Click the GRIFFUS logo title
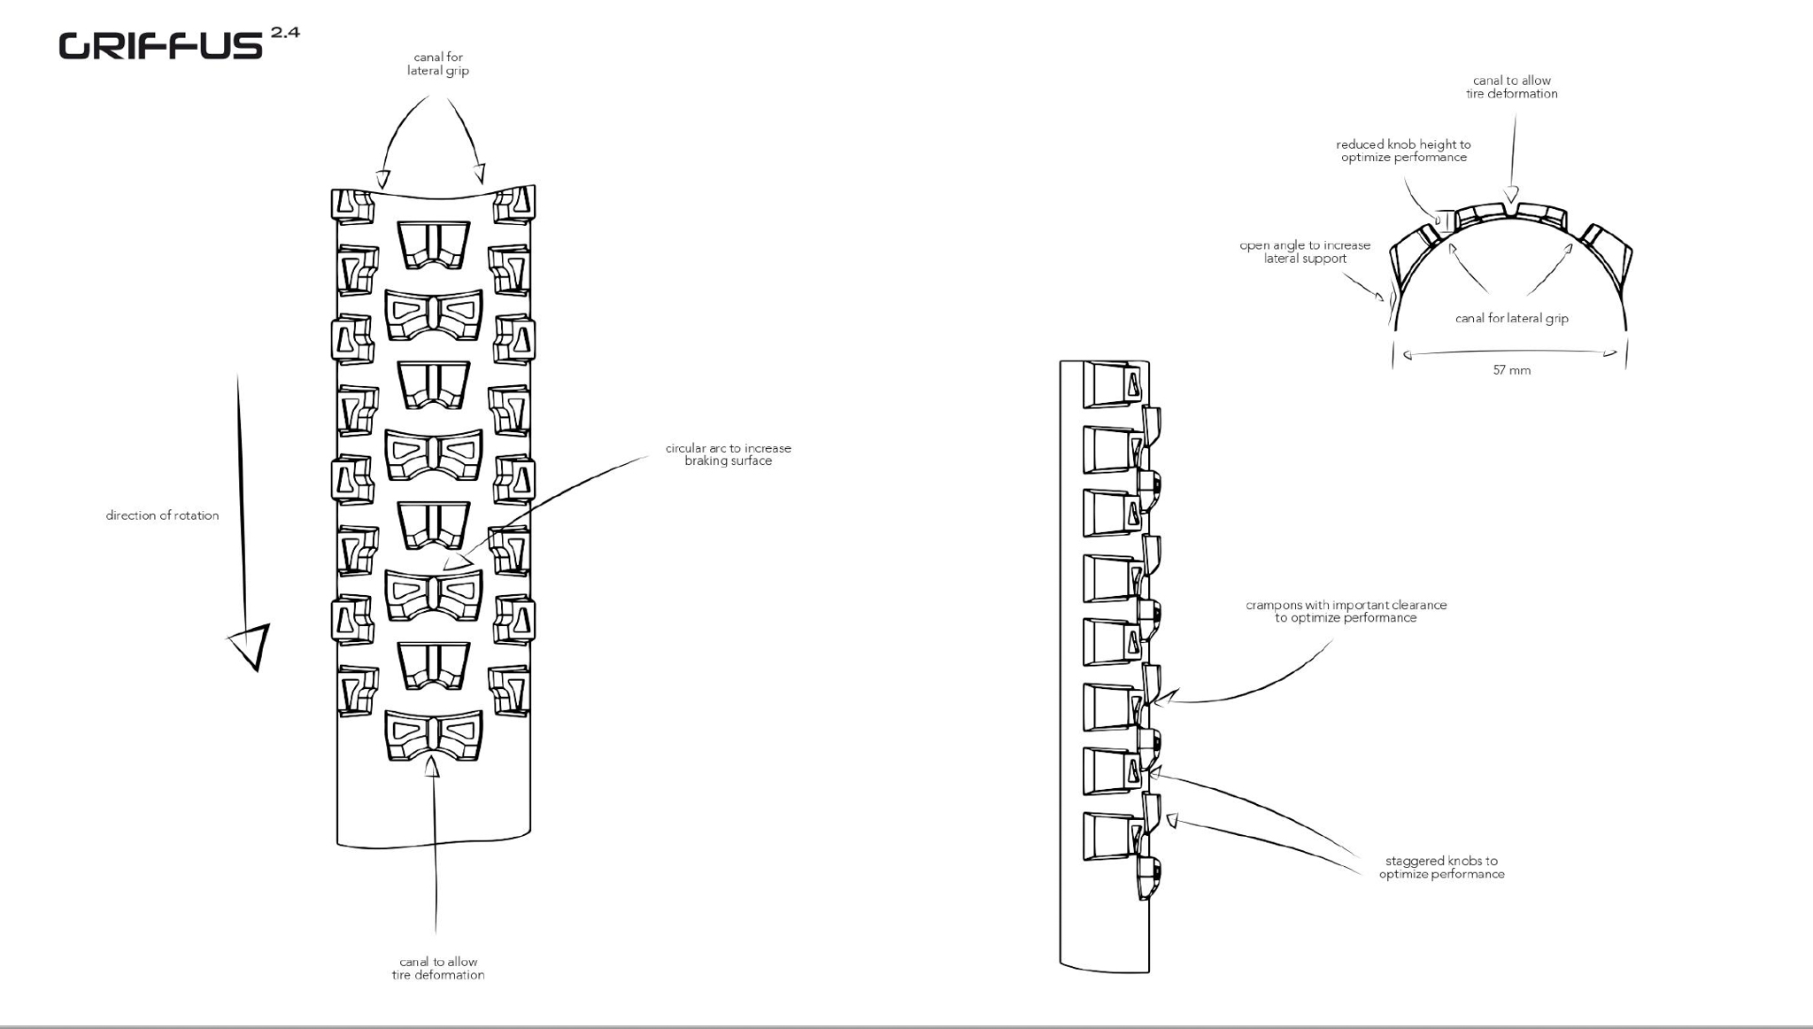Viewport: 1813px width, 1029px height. coord(160,46)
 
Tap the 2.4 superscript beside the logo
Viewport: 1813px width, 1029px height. coord(285,33)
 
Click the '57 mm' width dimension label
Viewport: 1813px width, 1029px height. coord(1511,370)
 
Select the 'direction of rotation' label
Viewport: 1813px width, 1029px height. coord(162,515)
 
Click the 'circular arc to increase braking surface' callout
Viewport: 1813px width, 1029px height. coord(728,454)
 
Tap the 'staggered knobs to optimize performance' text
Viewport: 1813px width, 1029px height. coord(1441,867)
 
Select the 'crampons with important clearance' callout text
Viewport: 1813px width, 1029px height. coord(1346,611)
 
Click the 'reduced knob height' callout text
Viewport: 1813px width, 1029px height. coord(1403,151)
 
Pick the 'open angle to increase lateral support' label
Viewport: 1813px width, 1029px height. coord(1305,251)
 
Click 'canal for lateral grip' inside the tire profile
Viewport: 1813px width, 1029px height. coord(1511,319)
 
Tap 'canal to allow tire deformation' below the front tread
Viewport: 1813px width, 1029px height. coord(438,968)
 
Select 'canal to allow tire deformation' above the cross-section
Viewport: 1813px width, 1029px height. coord(1511,87)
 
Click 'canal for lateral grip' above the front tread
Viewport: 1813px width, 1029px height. coord(438,64)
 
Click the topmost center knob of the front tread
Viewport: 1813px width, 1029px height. coord(433,244)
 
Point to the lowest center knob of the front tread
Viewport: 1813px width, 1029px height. coord(434,735)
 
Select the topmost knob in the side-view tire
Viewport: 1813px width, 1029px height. coord(1114,384)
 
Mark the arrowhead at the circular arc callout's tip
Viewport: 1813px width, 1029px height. coord(455,561)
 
